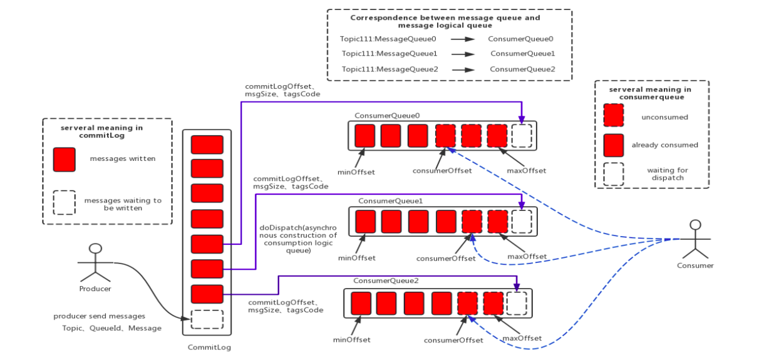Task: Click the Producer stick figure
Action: pos(95,263)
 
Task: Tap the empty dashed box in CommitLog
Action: pos(207,319)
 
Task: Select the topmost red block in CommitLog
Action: pos(207,145)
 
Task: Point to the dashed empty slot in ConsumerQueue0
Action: pos(521,135)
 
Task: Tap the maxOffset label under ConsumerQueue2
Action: pos(522,339)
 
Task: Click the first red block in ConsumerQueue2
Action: pos(361,303)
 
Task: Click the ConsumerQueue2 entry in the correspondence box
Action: pos(522,69)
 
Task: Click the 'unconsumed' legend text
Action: pos(664,117)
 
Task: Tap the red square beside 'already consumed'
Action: pos(613,145)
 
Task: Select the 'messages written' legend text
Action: pos(123,159)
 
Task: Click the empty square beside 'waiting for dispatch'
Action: pos(613,174)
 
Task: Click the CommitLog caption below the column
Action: pos(209,347)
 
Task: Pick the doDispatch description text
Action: pos(298,239)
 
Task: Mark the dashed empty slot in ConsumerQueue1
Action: pos(522,221)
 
